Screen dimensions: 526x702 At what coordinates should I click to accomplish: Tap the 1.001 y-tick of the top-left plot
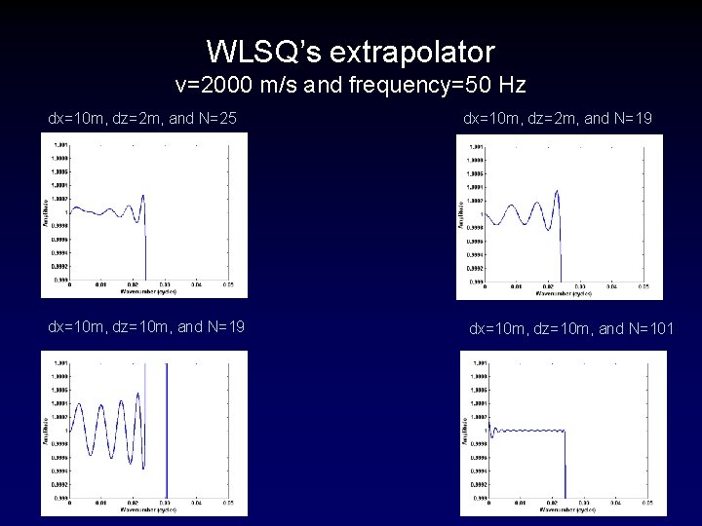tap(60, 145)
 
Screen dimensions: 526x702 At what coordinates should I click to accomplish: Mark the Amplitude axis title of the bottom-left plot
tap(46, 429)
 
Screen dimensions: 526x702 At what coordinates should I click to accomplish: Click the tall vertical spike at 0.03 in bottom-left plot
tap(167, 429)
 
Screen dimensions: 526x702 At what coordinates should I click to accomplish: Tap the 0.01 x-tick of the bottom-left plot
tap(100, 504)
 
